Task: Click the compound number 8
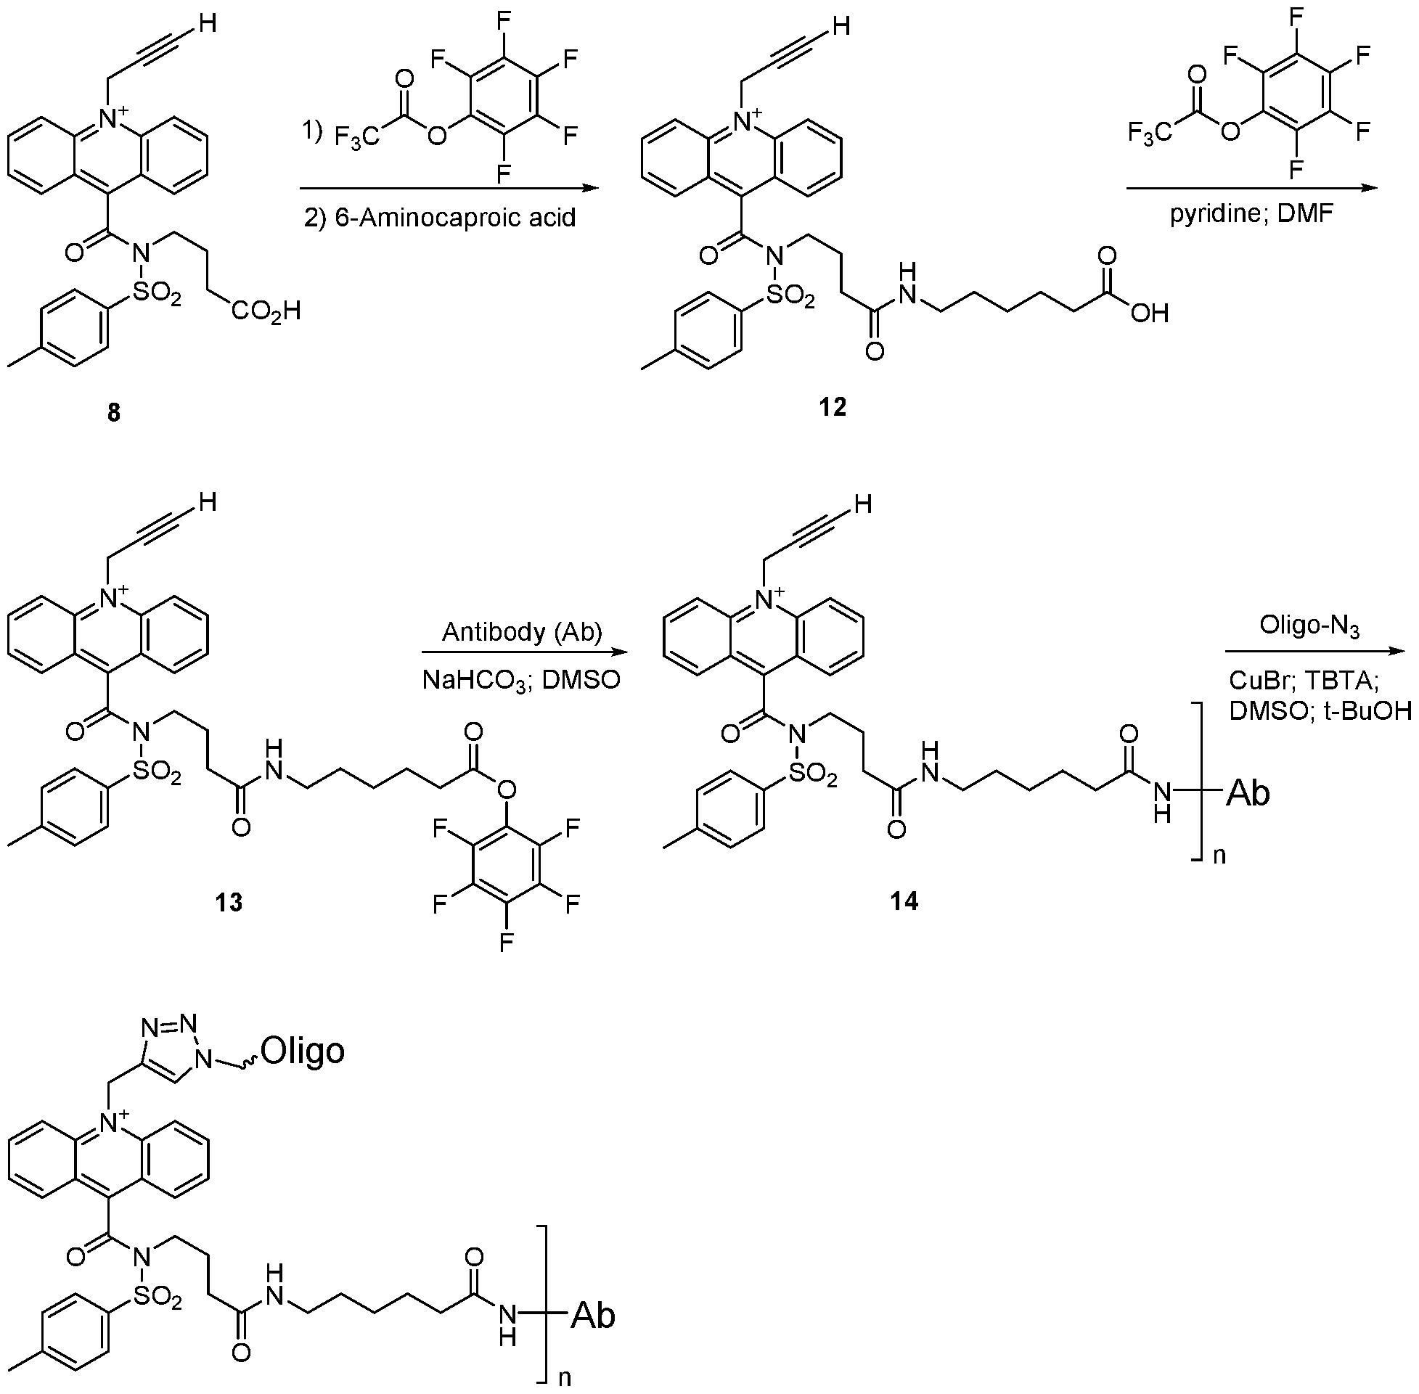(113, 413)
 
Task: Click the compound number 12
(833, 406)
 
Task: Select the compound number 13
(229, 903)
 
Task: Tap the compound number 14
(904, 901)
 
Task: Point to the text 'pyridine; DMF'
(1253, 215)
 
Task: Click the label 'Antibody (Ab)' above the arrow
(522, 631)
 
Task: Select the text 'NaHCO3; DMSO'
(521, 680)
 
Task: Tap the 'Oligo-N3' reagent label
(1309, 627)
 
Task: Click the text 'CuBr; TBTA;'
(1304, 681)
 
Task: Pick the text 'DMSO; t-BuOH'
(1320, 711)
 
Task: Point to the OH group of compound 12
(1149, 313)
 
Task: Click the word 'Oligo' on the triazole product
(303, 1051)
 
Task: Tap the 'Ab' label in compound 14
(1248, 793)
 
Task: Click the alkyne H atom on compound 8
(208, 24)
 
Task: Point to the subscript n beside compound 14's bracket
(1219, 854)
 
